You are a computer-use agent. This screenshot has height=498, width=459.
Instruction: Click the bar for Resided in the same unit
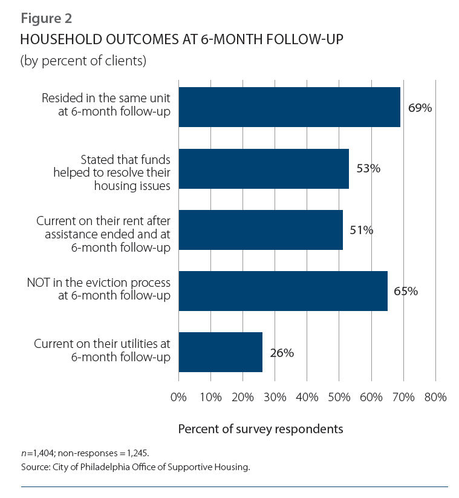[x=289, y=107]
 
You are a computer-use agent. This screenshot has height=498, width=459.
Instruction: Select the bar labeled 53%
[x=264, y=168]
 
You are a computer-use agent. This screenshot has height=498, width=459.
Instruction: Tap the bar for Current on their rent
[x=261, y=230]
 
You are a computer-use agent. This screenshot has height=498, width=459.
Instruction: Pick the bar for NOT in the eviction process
[x=283, y=291]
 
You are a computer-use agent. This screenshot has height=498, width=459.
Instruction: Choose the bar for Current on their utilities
[x=221, y=352]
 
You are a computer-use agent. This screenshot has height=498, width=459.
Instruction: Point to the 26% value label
[x=282, y=353]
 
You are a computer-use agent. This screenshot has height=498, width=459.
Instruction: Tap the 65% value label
[x=406, y=291]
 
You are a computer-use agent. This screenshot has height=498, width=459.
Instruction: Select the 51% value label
[x=362, y=230]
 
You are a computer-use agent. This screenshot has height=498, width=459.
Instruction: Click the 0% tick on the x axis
[x=179, y=398]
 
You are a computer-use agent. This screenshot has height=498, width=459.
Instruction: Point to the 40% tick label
[x=307, y=398]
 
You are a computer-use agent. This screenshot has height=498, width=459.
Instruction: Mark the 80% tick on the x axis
[x=435, y=398]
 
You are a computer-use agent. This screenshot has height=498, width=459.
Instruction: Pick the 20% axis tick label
[x=243, y=398]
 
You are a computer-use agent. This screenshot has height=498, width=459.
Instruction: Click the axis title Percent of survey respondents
[x=261, y=429]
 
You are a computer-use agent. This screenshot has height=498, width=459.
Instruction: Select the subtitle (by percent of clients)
[x=83, y=61]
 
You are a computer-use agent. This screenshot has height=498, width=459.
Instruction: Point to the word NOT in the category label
[x=39, y=283]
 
